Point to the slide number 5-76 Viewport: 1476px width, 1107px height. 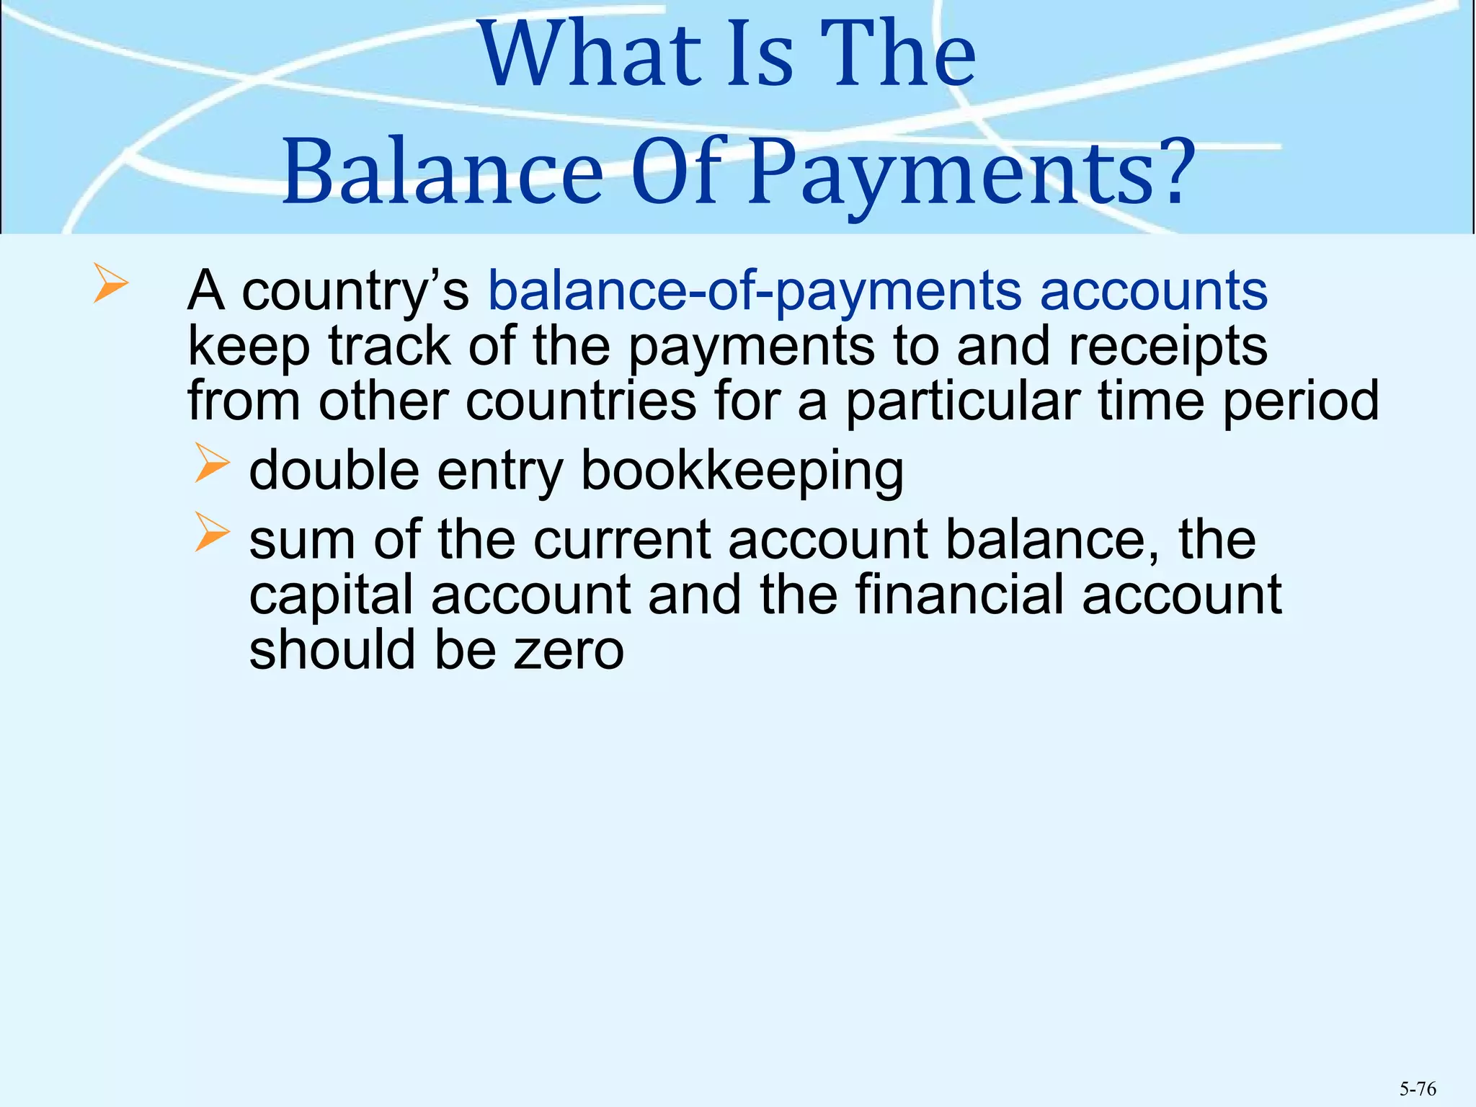point(1418,1088)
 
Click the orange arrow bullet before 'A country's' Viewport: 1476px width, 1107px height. point(110,283)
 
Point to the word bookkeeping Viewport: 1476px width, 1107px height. point(742,471)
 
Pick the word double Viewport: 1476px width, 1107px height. point(334,470)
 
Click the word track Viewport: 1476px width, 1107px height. point(389,347)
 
